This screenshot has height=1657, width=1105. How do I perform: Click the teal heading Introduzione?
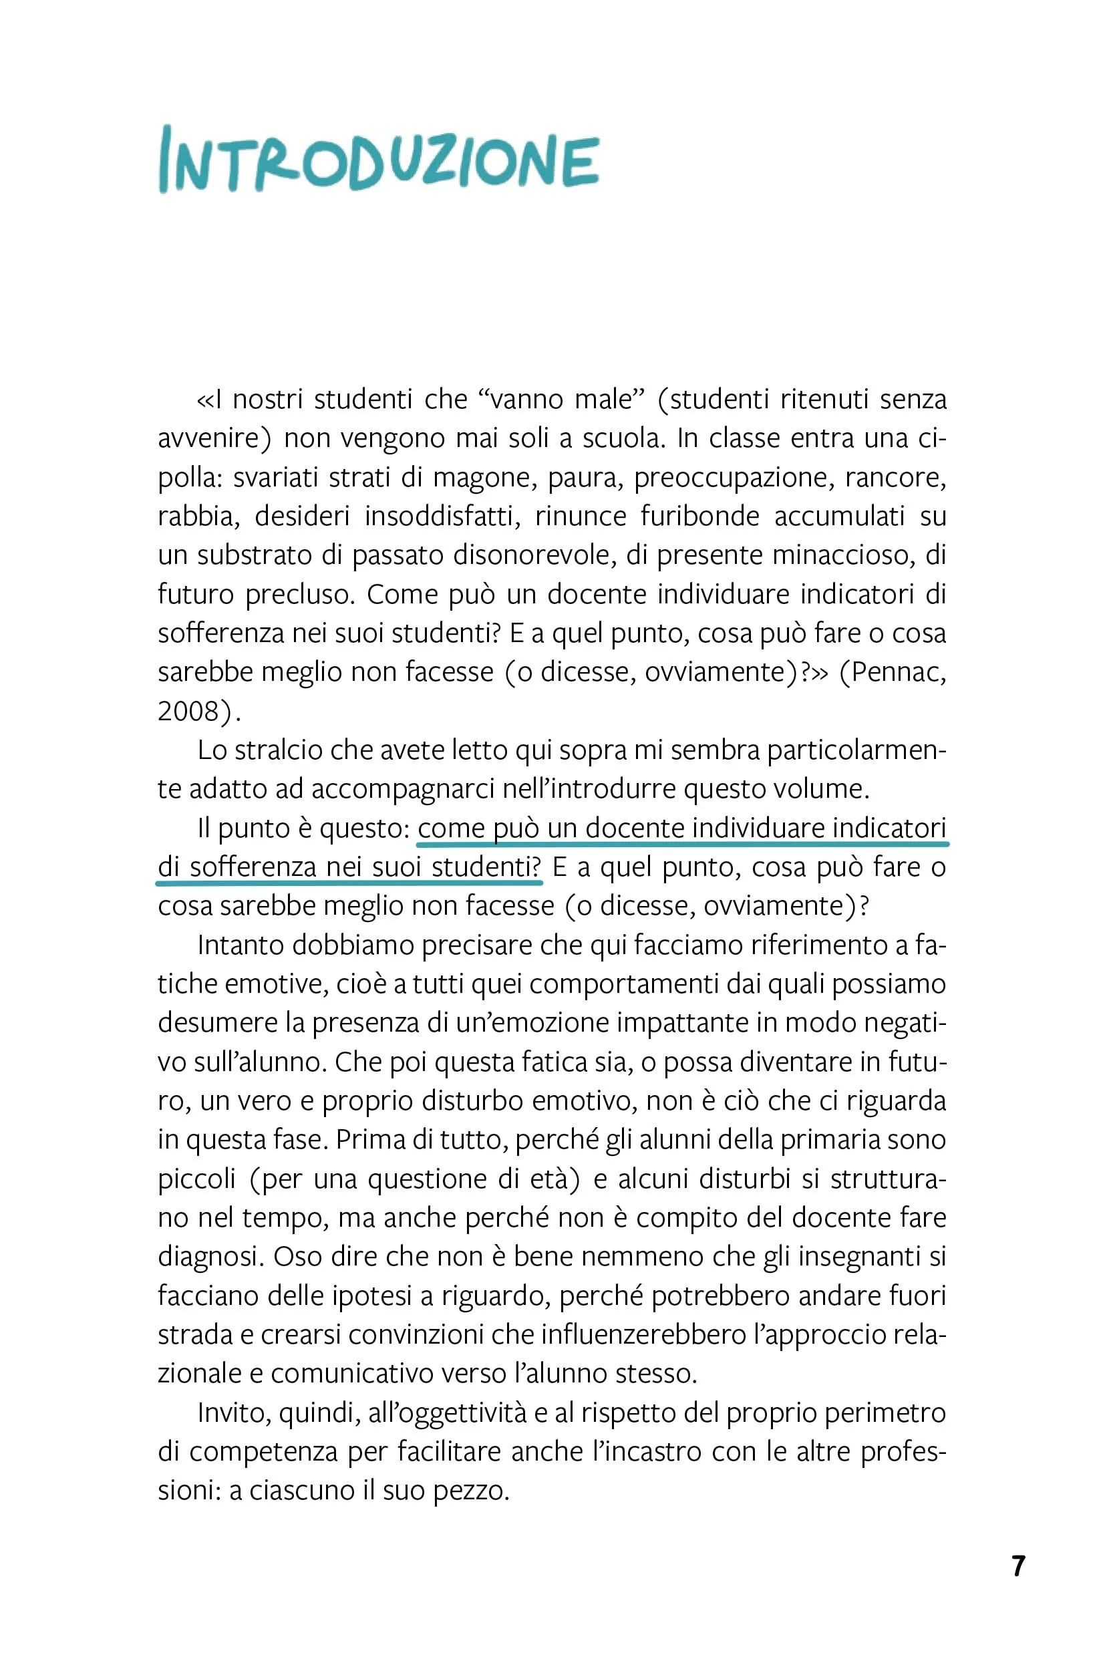[378, 160]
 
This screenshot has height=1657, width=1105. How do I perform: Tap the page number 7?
[1017, 1566]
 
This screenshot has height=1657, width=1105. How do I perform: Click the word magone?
[480, 477]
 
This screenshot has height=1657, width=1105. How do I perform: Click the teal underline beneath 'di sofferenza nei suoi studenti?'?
[349, 882]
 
